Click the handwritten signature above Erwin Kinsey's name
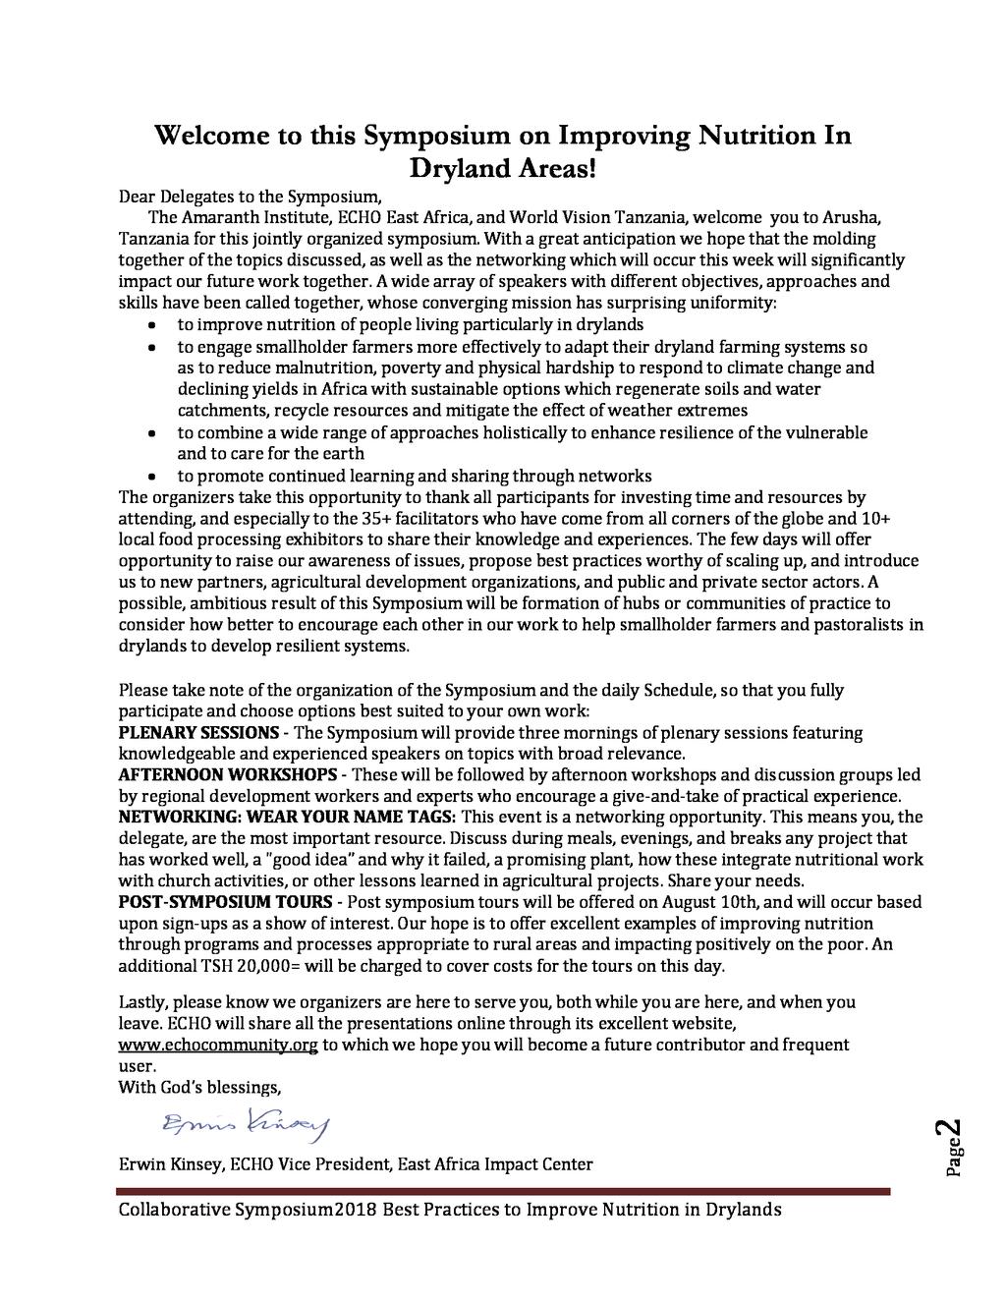[246, 1122]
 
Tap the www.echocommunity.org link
[217, 1045]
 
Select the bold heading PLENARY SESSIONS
[198, 733]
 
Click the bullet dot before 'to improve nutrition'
[150, 324]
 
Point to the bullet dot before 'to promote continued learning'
[150, 476]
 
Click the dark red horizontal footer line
[503, 1191]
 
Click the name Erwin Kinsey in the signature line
[170, 1165]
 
